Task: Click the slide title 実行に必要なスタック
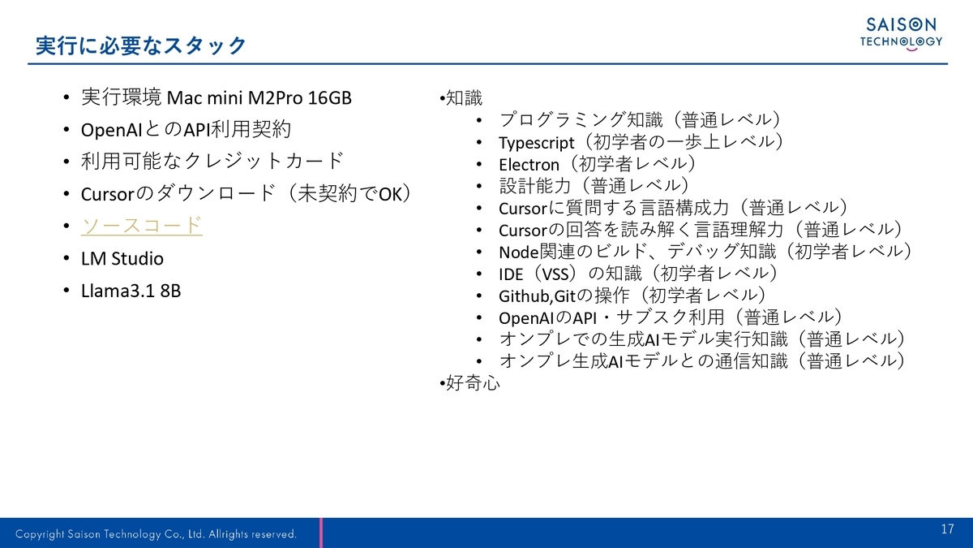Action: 141,45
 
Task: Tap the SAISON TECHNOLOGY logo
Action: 901,34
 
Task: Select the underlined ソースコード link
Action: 142,226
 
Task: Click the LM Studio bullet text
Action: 122,258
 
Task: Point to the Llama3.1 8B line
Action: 131,291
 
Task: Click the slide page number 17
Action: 947,529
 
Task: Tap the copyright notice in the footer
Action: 156,534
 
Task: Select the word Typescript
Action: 537,143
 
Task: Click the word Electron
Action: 529,164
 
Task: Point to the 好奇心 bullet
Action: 470,383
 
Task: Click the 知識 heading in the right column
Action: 461,98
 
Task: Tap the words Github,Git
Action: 537,296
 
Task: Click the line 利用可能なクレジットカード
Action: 212,162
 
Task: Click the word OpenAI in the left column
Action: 111,130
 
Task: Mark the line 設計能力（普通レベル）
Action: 594,186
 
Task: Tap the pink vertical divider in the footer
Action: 321,533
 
